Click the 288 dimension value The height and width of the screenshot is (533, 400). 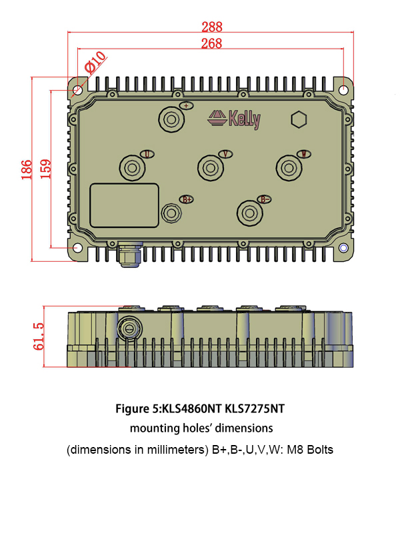(x=212, y=27)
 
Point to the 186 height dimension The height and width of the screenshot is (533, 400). (x=26, y=169)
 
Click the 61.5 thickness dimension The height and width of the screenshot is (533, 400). (x=39, y=336)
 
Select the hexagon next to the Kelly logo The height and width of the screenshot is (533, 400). (x=299, y=120)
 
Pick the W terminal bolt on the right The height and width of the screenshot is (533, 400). (x=289, y=167)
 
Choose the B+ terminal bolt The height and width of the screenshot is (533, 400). (x=171, y=213)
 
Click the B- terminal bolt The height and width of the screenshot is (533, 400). (x=249, y=213)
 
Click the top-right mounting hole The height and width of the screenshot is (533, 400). (x=343, y=89)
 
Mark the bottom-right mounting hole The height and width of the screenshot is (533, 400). (x=343, y=248)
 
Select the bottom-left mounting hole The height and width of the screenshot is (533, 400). (x=78, y=248)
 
